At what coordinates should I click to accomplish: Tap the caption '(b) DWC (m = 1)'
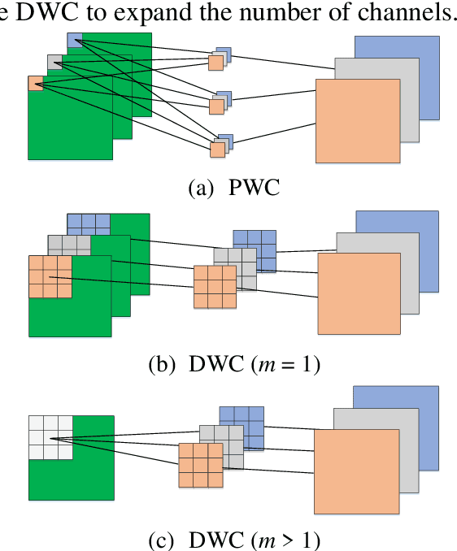[234, 365]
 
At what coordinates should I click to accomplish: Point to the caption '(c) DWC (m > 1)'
[234, 539]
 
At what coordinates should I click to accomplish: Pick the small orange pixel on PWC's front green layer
[36, 83]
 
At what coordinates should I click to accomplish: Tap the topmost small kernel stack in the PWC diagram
[220, 59]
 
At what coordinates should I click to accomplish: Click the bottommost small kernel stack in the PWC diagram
[220, 146]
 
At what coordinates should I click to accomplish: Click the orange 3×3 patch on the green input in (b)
[50, 277]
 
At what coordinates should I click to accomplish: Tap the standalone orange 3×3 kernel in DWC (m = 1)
[214, 287]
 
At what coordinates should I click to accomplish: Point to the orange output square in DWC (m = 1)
[358, 293]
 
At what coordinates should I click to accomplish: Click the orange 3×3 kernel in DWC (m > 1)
[200, 465]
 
